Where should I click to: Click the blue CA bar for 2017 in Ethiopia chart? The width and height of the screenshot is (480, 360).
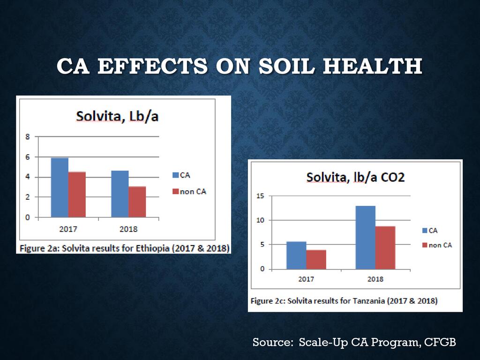tap(60, 187)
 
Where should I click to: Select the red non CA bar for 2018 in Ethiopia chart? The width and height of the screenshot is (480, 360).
tap(137, 202)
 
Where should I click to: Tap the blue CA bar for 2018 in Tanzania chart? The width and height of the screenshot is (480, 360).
tap(365, 237)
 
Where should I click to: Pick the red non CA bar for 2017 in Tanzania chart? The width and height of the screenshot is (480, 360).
tap(316, 259)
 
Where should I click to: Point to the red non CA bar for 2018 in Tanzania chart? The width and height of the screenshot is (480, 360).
tap(385, 247)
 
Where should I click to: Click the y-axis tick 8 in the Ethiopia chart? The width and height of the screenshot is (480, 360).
tap(28, 137)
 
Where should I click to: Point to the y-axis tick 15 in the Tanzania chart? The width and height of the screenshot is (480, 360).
tap(260, 196)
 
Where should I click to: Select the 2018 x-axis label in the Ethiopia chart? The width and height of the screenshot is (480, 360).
tap(128, 229)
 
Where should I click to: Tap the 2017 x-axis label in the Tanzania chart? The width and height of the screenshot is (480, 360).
tap(306, 279)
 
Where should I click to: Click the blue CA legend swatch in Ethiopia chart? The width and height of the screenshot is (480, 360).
tap(176, 175)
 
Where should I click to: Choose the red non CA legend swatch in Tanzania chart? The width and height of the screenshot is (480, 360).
tap(425, 245)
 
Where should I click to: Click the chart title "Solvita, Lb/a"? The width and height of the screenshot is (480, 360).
tap(117, 116)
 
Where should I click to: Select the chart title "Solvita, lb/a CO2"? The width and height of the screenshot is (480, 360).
tap(355, 178)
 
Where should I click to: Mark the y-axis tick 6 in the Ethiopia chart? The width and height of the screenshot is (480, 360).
tap(28, 157)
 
